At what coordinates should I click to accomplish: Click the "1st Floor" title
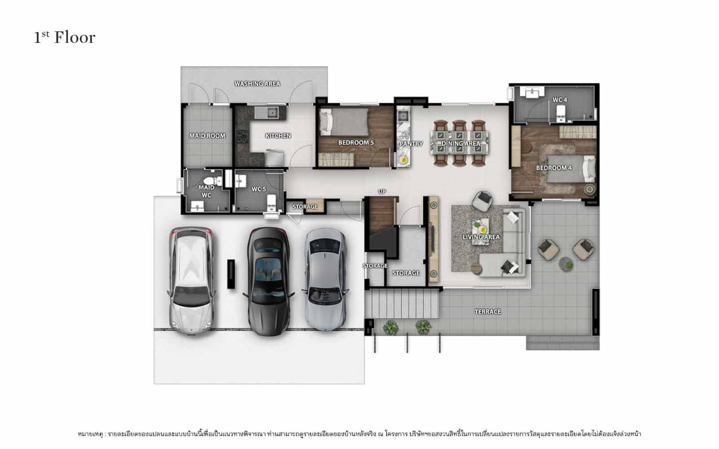65,38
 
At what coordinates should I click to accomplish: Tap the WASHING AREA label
257,84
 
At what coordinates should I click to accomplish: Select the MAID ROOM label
207,136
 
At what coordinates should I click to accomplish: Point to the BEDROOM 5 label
356,142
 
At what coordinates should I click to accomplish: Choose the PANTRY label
411,144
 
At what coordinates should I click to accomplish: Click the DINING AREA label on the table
461,143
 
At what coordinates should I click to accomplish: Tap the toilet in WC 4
560,114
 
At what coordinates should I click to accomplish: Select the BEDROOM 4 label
554,168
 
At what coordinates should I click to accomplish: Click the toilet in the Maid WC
213,181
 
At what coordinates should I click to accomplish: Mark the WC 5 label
259,189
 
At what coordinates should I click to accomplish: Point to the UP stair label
382,191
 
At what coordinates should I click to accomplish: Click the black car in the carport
269,282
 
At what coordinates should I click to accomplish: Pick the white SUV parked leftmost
191,281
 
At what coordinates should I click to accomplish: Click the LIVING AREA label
481,237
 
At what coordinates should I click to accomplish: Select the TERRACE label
488,312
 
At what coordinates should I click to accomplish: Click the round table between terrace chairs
566,264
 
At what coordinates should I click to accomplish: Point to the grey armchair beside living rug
482,202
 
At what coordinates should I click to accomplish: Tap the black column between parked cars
231,274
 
